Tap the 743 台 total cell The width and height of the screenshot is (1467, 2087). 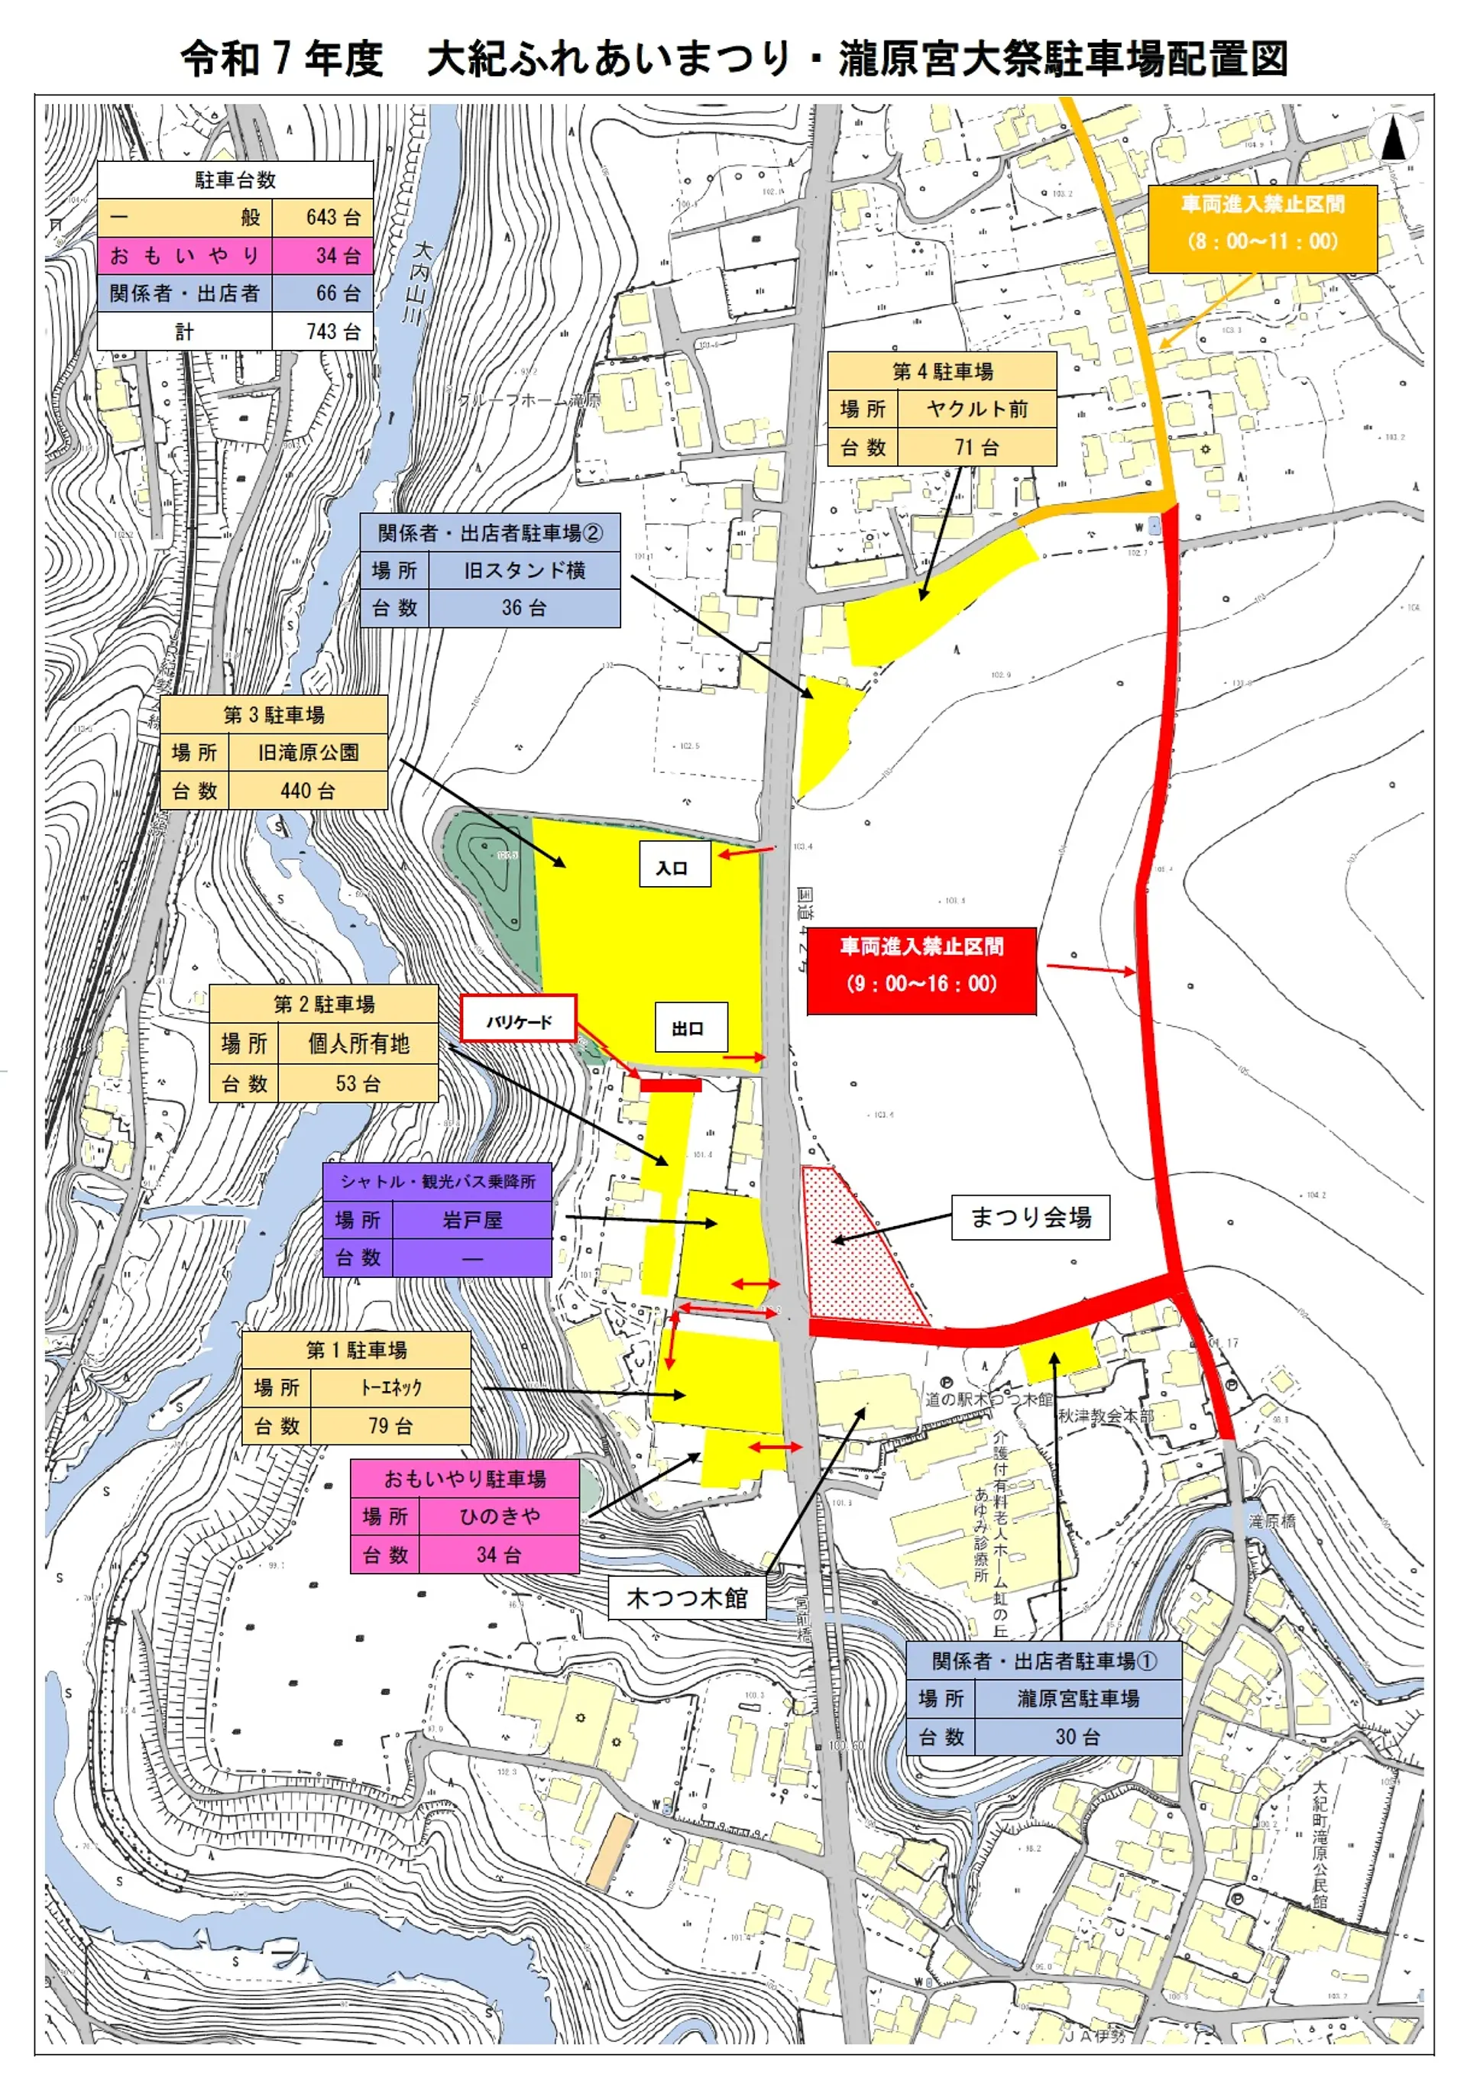click(x=322, y=332)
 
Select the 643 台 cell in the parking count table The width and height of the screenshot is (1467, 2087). click(x=322, y=217)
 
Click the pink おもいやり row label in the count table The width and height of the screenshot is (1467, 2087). click(x=184, y=255)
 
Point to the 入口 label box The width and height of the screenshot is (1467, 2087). click(x=673, y=865)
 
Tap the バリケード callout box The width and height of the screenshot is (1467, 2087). click(x=518, y=1020)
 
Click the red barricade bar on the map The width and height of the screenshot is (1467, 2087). click(x=671, y=1086)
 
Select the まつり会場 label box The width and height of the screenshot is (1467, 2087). click(x=1031, y=1217)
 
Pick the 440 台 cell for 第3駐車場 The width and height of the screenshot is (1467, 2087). click(x=308, y=791)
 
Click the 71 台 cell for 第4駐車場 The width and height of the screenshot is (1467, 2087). click(x=977, y=447)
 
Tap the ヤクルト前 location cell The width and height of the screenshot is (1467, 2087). click(x=977, y=409)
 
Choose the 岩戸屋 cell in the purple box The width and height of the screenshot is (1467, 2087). click(x=471, y=1220)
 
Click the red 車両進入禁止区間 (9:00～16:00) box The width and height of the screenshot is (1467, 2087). click(x=921, y=964)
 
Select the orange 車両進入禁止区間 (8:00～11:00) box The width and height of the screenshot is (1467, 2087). click(x=1262, y=224)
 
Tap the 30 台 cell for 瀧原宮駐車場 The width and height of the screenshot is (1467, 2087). click(x=1078, y=1737)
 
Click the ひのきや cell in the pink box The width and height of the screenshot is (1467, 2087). click(x=499, y=1516)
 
